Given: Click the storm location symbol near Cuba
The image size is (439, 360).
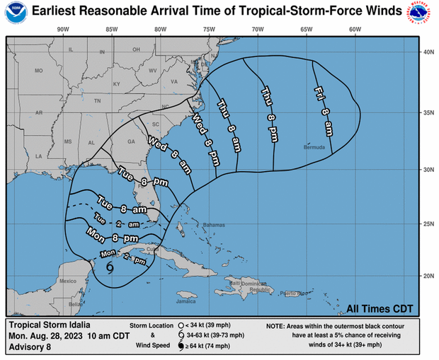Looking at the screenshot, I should [x=110, y=267].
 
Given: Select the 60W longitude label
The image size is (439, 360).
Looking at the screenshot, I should [x=355, y=29].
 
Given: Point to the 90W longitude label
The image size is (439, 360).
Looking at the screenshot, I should [x=62, y=29].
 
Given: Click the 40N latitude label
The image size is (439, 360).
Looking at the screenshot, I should [x=428, y=52].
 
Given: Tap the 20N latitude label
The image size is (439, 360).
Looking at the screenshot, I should [x=428, y=276].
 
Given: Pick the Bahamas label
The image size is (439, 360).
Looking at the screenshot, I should [x=212, y=225].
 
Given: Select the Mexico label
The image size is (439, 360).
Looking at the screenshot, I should [x=67, y=281].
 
